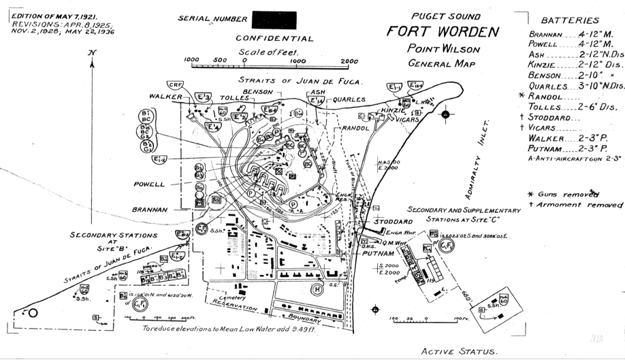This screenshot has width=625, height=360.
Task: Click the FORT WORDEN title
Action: [x=443, y=32]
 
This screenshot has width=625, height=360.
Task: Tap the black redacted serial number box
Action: [x=273, y=20]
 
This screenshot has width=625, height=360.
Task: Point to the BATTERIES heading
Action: [x=571, y=20]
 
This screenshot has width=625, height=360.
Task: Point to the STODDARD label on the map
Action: [x=391, y=222]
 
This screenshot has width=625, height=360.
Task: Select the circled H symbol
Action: [x=317, y=289]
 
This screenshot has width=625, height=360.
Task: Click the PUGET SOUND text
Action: [x=446, y=16]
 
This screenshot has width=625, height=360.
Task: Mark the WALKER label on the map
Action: [x=165, y=97]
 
